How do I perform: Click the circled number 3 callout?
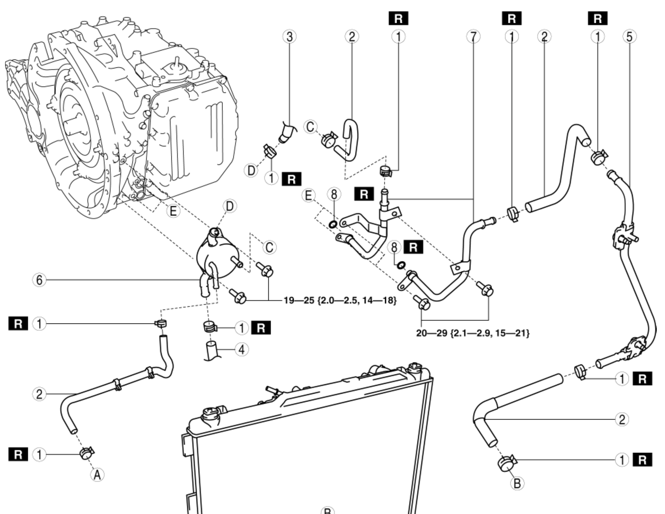(289, 37)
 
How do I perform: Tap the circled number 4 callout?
(242, 350)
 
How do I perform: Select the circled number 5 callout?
(629, 37)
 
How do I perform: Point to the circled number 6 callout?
(39, 280)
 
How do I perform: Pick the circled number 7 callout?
(473, 37)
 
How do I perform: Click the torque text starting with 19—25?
(340, 300)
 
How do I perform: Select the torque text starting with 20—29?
(473, 333)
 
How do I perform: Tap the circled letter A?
(97, 475)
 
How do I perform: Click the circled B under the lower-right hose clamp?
(517, 484)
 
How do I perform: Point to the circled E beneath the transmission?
(173, 211)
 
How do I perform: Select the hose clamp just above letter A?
(86, 453)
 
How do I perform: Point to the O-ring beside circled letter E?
(333, 225)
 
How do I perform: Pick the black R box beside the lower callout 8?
(413, 247)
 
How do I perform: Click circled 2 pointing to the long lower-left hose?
(39, 394)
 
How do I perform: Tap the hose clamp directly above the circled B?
(506, 463)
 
